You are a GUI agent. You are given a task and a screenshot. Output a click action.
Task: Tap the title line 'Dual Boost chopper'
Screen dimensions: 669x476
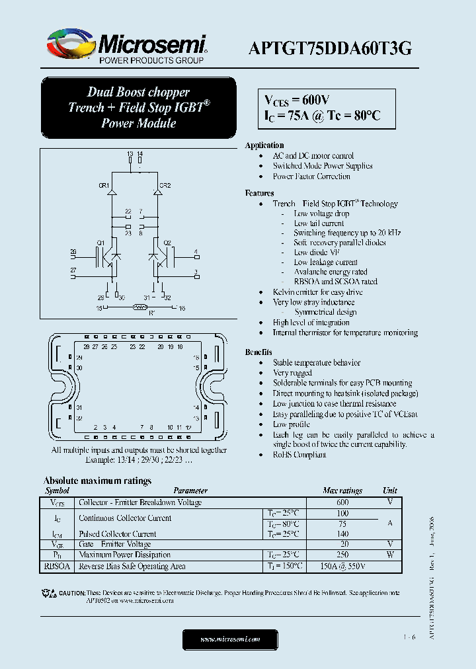coord(138,93)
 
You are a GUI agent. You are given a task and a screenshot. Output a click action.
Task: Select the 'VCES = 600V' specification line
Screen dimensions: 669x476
coord(296,100)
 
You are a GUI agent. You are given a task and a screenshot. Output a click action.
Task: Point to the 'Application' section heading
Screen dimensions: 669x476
coord(264,145)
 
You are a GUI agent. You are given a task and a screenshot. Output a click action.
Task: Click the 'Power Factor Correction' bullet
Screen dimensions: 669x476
coord(311,177)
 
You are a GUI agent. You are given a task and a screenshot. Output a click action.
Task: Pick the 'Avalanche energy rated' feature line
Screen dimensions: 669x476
coord(331,272)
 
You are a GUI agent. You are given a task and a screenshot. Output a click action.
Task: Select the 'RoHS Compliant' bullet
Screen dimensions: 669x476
coord(299,455)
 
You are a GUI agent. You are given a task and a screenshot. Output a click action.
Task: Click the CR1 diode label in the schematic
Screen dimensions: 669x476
coord(104,186)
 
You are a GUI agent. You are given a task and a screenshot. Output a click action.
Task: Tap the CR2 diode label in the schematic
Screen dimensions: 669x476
coord(165,186)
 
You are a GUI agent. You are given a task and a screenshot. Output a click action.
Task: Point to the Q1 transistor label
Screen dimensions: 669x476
coord(100,243)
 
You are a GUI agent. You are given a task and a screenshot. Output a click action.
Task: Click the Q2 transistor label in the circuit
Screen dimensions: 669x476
coord(167,243)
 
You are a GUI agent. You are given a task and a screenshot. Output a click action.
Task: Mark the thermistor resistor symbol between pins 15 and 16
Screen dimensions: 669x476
coord(139,307)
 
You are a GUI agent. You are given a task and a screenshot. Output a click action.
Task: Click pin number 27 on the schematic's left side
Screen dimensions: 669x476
coord(73,270)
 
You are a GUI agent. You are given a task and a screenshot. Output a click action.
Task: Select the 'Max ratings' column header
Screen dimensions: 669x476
coord(342,491)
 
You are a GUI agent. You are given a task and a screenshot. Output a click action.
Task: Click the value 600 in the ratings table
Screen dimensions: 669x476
coord(342,502)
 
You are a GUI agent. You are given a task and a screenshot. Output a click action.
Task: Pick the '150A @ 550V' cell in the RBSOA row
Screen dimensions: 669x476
coord(342,567)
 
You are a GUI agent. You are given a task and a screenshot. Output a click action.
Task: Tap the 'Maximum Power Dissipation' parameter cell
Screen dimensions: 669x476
coord(124,555)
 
